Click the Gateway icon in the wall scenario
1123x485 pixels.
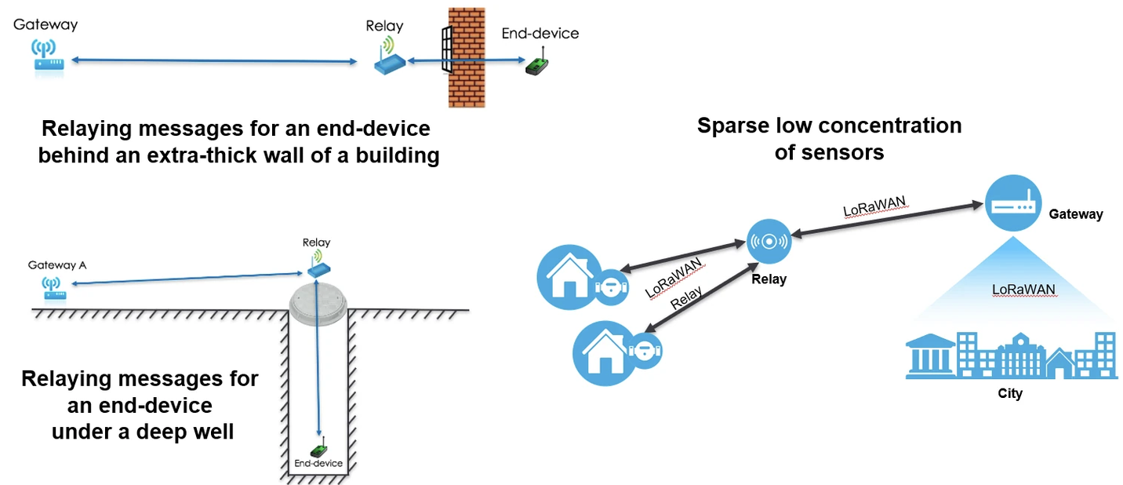[48, 57]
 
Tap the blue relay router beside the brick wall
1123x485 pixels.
[390, 59]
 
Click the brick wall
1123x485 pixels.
[467, 57]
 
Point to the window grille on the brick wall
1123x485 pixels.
[447, 49]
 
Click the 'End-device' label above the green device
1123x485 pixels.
[540, 34]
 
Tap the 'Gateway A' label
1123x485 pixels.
[57, 264]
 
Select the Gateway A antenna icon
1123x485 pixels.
[53, 288]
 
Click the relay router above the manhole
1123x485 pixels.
[319, 264]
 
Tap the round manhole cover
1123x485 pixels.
[318, 304]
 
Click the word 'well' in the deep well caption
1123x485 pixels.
[215, 432]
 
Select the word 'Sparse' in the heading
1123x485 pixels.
[732, 126]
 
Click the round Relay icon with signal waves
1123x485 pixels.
[769, 241]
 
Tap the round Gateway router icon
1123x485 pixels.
[1013, 203]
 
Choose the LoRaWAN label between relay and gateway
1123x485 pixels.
[875, 206]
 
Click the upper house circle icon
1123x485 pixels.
[569, 277]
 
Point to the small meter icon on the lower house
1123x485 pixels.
[645, 351]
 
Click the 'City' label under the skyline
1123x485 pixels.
[1010, 393]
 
